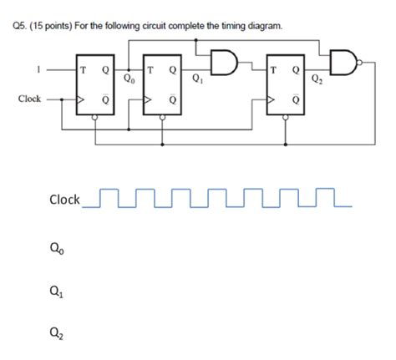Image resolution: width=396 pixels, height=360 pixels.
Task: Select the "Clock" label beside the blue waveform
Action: click(x=64, y=200)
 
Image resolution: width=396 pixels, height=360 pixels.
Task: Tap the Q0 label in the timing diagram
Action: click(x=57, y=247)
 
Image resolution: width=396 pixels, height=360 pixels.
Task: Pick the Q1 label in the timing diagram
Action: click(x=57, y=294)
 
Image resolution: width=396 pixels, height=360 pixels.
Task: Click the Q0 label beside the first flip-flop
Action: click(x=128, y=80)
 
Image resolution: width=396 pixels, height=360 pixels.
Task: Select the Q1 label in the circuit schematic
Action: click(x=196, y=81)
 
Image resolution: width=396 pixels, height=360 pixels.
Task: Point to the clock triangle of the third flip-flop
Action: click(x=272, y=99)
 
